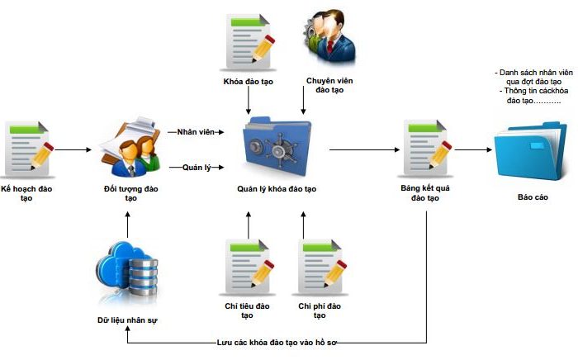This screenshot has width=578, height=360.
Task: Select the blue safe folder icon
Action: [276, 149]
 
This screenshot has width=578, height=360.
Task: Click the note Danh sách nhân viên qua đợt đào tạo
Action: [533, 78]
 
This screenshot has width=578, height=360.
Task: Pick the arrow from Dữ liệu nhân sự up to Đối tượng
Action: [128, 224]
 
